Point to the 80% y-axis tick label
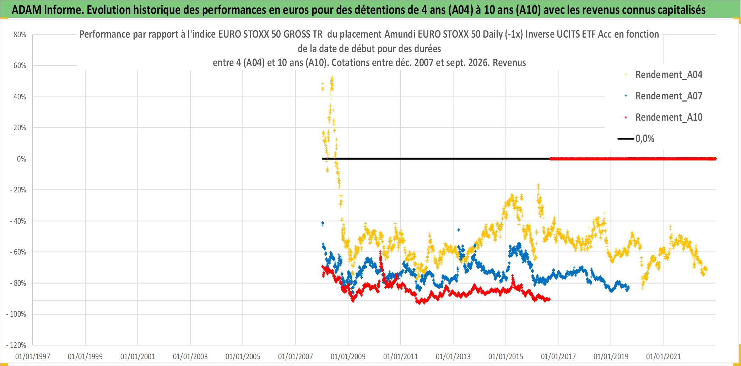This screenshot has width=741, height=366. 20,35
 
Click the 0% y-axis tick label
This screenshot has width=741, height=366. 22,159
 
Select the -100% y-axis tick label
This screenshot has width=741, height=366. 16,314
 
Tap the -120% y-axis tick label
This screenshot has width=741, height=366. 16,345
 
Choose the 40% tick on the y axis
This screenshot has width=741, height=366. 20,97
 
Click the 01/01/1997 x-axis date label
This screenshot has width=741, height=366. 33,356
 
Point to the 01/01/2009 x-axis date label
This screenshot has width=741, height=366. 348,356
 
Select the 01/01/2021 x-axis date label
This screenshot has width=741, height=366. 664,356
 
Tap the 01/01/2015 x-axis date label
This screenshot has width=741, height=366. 506,356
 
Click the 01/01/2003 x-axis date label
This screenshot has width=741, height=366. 190,356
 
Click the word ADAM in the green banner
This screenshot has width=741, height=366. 27,10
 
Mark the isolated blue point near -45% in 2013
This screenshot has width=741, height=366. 459,230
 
